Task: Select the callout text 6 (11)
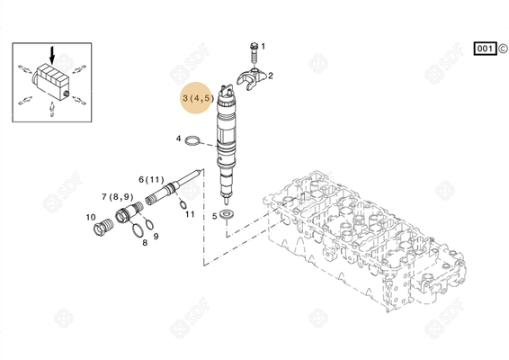click(x=152, y=180)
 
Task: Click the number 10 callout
click(x=91, y=217)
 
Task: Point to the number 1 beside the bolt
click(x=263, y=44)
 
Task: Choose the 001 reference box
click(x=484, y=48)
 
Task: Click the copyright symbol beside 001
click(x=502, y=48)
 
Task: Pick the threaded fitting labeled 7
click(x=130, y=213)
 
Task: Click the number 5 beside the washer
click(x=214, y=216)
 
